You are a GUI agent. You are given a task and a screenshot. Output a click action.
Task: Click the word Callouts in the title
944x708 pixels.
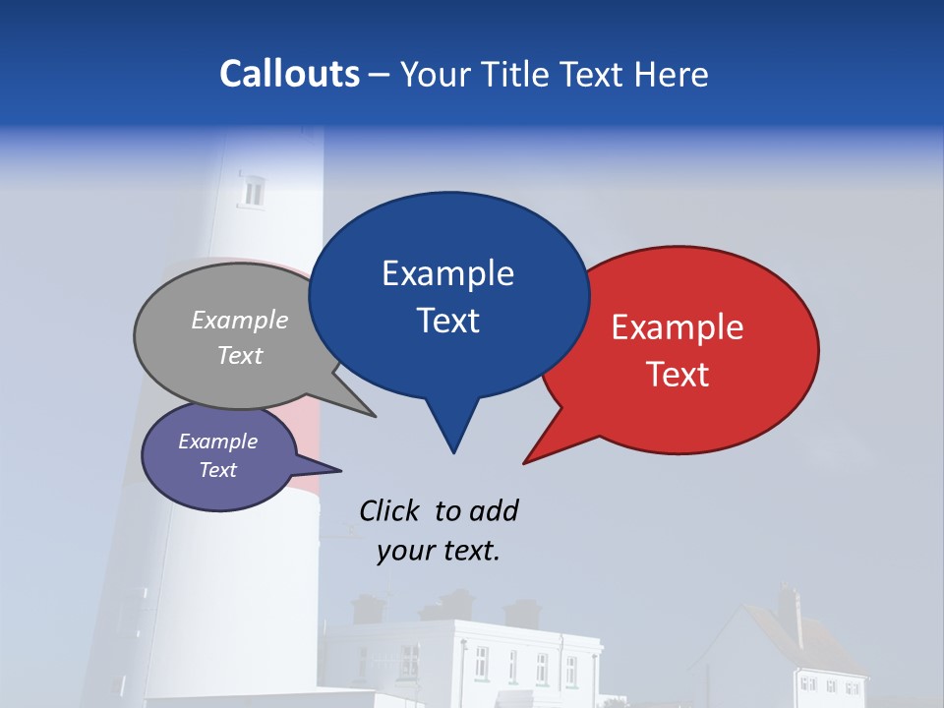pos(289,74)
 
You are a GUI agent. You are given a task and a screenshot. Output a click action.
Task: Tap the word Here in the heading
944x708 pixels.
pos(674,74)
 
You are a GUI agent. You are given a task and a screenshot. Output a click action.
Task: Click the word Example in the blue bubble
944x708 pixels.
pos(447,273)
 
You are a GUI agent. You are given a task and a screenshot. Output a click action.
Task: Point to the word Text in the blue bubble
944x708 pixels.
pos(447,321)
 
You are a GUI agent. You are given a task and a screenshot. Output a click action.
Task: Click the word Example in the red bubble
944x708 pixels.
pos(678,327)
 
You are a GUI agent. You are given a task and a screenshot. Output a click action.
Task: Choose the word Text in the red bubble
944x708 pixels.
pos(678,375)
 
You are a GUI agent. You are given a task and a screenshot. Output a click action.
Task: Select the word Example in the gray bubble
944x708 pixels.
pos(240,320)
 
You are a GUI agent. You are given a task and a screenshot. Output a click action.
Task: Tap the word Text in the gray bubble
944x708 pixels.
pos(240,355)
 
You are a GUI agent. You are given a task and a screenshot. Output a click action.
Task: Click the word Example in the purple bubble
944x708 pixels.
pos(218,442)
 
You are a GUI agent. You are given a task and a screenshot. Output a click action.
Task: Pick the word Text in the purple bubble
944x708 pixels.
pos(218,470)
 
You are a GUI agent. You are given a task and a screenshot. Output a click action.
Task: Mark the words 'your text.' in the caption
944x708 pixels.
pos(439,551)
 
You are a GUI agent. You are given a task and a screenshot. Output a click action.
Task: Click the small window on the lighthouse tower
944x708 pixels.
pos(254,192)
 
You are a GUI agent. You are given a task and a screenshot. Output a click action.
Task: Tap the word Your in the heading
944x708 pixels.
pos(433,74)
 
